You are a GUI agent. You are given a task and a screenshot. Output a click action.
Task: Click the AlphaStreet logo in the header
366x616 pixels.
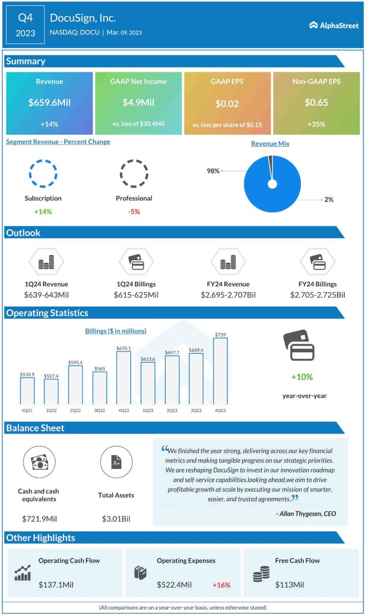pos(334,25)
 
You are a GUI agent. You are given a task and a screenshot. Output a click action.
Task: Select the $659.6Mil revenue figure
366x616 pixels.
pos(50,102)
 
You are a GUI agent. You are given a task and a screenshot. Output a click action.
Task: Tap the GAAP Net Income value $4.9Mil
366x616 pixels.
pos(138,102)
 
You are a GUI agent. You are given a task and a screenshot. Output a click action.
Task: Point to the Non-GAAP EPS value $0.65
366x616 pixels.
pos(316,102)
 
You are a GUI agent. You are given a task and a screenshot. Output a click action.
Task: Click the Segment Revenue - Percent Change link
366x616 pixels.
pos(58,142)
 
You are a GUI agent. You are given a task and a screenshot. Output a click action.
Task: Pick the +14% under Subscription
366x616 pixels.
pos(43,211)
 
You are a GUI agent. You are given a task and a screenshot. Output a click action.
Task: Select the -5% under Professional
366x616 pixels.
pos(134,211)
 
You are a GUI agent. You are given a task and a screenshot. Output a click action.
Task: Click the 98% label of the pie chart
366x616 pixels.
pos(213,171)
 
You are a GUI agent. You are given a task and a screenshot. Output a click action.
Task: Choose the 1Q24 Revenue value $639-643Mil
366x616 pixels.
pos(46,295)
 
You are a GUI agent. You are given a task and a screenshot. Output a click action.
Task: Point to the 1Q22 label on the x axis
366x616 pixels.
pos(51,409)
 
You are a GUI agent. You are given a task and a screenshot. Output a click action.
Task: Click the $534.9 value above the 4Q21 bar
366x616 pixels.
pos(27,375)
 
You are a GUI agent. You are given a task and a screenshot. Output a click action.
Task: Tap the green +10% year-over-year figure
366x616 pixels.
pos(302,377)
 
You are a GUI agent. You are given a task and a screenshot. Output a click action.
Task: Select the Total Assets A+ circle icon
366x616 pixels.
pos(116,462)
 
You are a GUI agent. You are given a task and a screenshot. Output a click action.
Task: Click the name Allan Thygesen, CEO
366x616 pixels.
pos(306,514)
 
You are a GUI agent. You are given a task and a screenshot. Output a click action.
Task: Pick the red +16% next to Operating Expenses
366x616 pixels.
pos(221,585)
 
